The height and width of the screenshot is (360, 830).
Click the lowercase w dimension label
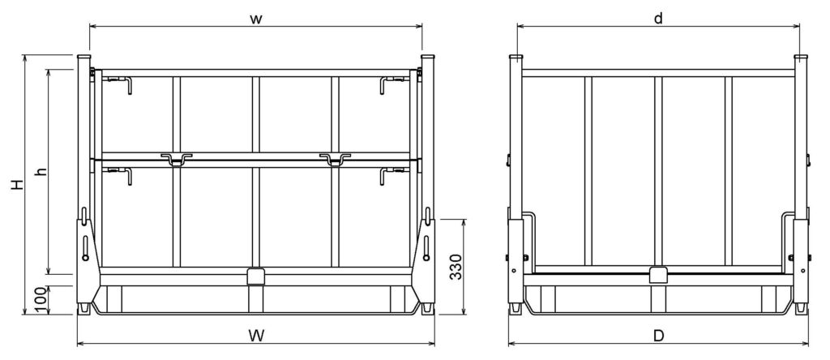[x=255, y=18]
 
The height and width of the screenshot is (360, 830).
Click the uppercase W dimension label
[x=255, y=334]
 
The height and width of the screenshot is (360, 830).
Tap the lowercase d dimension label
[x=658, y=18]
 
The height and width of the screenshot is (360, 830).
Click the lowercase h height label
[x=41, y=172]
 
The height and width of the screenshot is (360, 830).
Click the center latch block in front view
[x=255, y=276]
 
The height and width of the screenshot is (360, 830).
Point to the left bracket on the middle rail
[x=176, y=158]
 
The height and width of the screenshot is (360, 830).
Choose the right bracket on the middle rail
[x=334, y=158]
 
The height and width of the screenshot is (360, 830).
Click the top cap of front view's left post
[x=83, y=58]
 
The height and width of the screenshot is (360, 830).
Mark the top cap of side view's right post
[x=801, y=58]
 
